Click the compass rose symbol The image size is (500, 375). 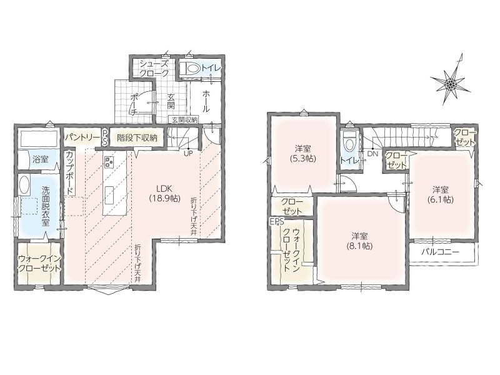pos(450,84)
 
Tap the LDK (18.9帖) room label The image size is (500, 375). pos(164,193)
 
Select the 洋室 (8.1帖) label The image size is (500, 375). pos(359,241)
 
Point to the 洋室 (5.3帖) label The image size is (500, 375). pos(302,153)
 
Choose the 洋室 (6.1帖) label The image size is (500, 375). pos(441,194)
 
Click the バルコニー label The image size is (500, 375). pos(441,252)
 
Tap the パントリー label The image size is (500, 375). pos(82,137)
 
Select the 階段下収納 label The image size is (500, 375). pos(137,137)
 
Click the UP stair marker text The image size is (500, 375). pos(188,152)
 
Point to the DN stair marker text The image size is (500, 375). pos(372,154)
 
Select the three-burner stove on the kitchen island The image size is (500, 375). pos(109,161)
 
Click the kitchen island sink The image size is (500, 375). pos(109,195)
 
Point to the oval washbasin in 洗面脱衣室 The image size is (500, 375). pos(24,185)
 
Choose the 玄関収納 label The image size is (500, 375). pos(184,120)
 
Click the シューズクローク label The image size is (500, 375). pos(154,68)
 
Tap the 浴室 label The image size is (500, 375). pos(41,159)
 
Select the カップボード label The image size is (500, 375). pos(70,173)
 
